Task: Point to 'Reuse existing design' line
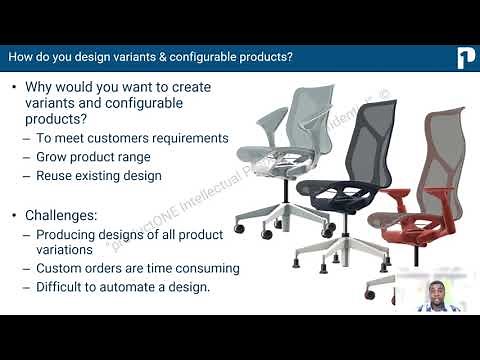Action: pyautogui.click(x=99, y=176)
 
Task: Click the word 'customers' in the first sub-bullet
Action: pyautogui.click(x=115, y=138)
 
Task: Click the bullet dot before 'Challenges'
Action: pyautogui.click(x=14, y=215)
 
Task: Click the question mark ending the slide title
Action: pyautogui.click(x=290, y=57)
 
